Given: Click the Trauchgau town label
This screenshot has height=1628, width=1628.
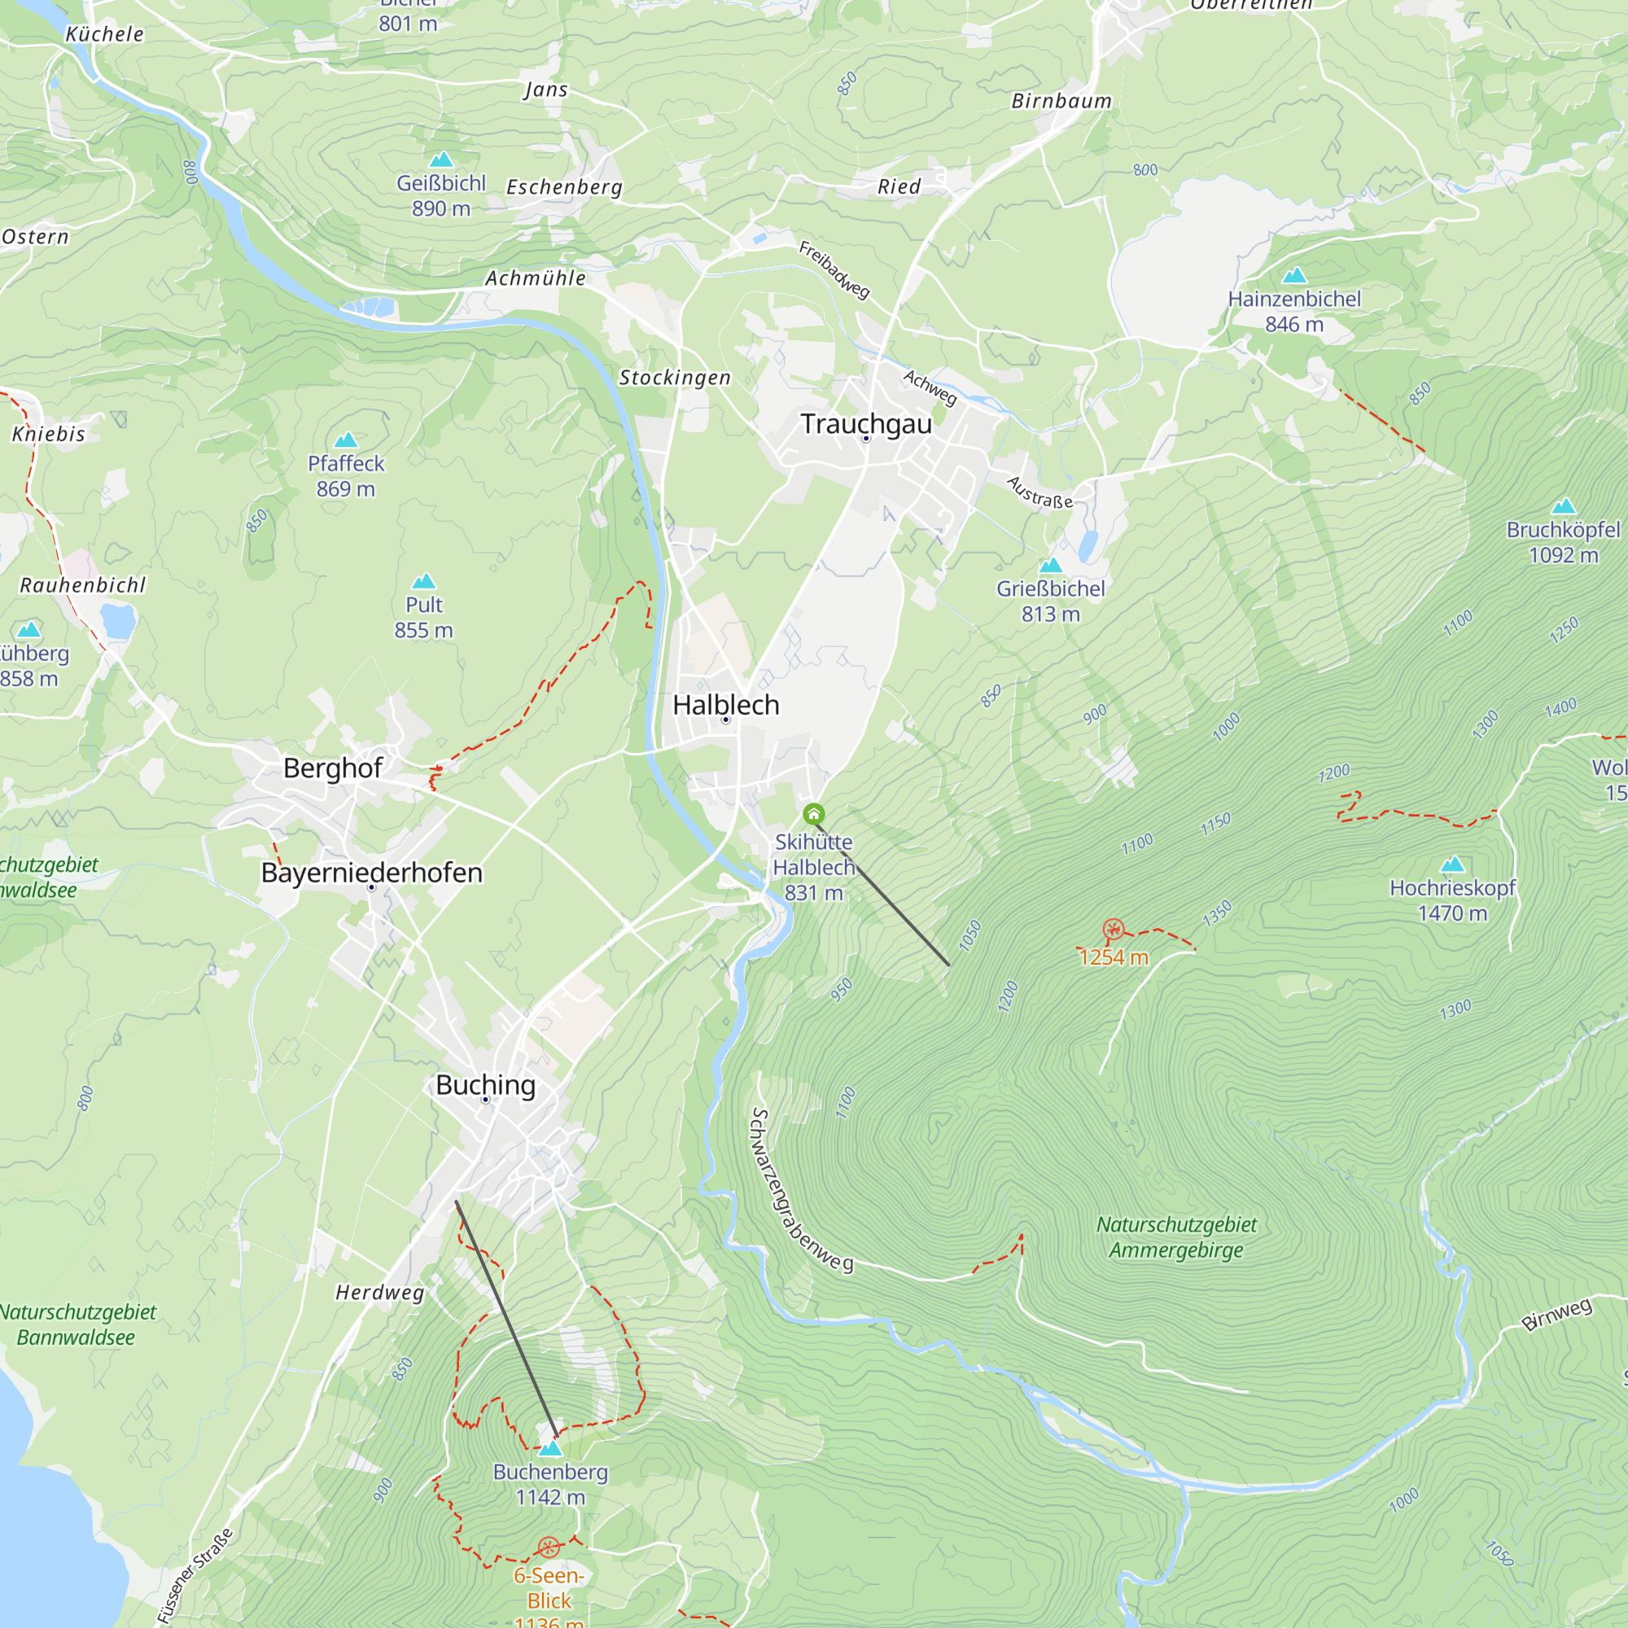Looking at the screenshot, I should [865, 424].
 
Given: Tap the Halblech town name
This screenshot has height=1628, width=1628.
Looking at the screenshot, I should [725, 704].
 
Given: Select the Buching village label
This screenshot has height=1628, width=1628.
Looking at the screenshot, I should [485, 1084].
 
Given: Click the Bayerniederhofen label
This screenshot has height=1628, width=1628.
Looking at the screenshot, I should [372, 872].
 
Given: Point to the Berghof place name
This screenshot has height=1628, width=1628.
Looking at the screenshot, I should [332, 768].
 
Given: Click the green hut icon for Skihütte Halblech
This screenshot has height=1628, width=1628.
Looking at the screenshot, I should [813, 814].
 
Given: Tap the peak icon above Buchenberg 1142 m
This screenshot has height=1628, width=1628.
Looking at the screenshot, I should [550, 1447].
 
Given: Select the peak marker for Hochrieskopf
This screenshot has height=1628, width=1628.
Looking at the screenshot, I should [1452, 864].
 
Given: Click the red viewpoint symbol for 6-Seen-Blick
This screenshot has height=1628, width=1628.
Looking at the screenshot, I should [549, 1547].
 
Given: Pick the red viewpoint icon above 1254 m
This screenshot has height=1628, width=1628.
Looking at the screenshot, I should [1113, 930].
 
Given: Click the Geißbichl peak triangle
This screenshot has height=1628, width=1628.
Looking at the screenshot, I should [440, 160].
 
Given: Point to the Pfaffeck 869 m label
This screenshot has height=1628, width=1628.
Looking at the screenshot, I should [345, 475].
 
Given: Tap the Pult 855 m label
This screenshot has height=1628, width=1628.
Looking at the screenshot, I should [424, 617].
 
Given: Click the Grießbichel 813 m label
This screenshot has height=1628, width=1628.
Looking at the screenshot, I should [1050, 601].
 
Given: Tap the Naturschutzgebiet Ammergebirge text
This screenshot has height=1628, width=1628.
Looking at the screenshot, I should [1176, 1237].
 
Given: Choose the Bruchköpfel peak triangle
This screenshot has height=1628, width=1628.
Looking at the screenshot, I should [1563, 506].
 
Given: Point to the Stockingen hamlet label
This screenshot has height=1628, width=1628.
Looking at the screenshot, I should [675, 378].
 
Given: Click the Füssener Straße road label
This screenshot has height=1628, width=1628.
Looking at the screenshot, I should [195, 1575].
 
